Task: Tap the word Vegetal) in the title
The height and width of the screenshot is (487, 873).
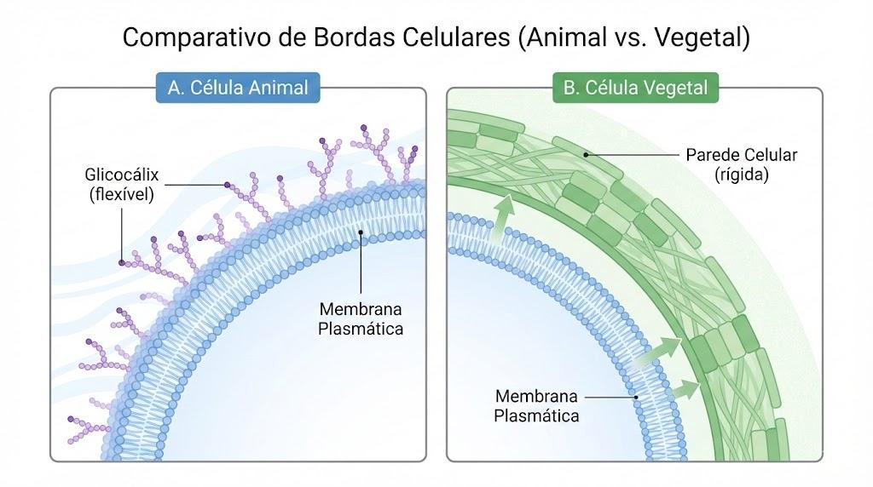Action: (702, 37)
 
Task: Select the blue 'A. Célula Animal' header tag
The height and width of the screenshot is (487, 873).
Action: (239, 88)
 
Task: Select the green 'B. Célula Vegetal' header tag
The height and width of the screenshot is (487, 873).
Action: (635, 88)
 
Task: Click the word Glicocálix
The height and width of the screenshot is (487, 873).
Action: (121, 175)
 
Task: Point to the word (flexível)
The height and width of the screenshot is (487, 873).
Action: (121, 195)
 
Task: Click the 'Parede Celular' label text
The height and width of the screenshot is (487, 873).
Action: (741, 155)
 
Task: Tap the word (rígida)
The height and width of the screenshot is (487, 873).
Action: (741, 175)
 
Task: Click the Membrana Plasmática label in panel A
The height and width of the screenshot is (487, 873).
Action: (361, 318)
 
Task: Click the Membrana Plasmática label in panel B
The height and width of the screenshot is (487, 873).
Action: (536, 406)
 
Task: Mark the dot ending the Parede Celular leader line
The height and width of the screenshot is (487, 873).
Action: (586, 155)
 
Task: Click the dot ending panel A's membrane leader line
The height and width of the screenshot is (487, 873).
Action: (361, 232)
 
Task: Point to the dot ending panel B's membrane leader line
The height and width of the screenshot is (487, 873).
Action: (636, 398)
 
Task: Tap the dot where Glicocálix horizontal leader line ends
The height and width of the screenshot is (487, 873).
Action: (227, 185)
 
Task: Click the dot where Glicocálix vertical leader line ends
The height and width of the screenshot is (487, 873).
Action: (122, 262)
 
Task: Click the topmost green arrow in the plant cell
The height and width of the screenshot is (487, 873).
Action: (504, 219)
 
